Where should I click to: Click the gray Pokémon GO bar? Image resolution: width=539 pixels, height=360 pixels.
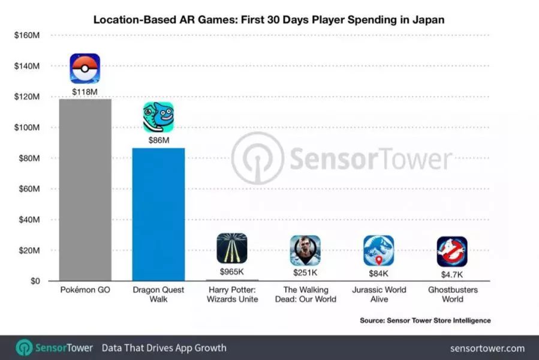[x=85, y=190]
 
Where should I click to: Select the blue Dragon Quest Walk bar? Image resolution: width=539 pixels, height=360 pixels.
[x=158, y=214]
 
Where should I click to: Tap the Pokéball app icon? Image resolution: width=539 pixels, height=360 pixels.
[x=85, y=68]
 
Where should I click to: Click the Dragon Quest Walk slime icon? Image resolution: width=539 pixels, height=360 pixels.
[x=158, y=116]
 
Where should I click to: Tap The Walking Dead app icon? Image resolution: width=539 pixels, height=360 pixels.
[x=305, y=250]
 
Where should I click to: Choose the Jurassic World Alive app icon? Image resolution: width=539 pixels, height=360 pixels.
[x=378, y=250]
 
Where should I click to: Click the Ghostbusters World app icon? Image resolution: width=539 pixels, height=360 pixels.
[x=451, y=251]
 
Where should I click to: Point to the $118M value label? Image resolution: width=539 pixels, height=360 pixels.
[x=85, y=91]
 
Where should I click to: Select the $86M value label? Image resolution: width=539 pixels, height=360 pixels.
[x=158, y=140]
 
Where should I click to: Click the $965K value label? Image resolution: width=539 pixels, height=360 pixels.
[x=231, y=272]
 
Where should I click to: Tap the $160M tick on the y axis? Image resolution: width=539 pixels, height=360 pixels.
[x=26, y=35]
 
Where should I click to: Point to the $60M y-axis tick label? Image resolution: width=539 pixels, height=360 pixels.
[x=26, y=189]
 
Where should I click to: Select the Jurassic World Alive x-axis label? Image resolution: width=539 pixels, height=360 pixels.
[x=378, y=294]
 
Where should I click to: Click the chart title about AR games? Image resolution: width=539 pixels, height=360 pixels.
[x=269, y=20]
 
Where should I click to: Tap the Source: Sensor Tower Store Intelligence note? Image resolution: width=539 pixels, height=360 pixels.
[x=425, y=320]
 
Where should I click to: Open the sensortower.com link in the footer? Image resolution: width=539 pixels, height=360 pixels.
[x=487, y=348]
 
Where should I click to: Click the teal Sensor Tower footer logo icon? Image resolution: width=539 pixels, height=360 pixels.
[x=24, y=348]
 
